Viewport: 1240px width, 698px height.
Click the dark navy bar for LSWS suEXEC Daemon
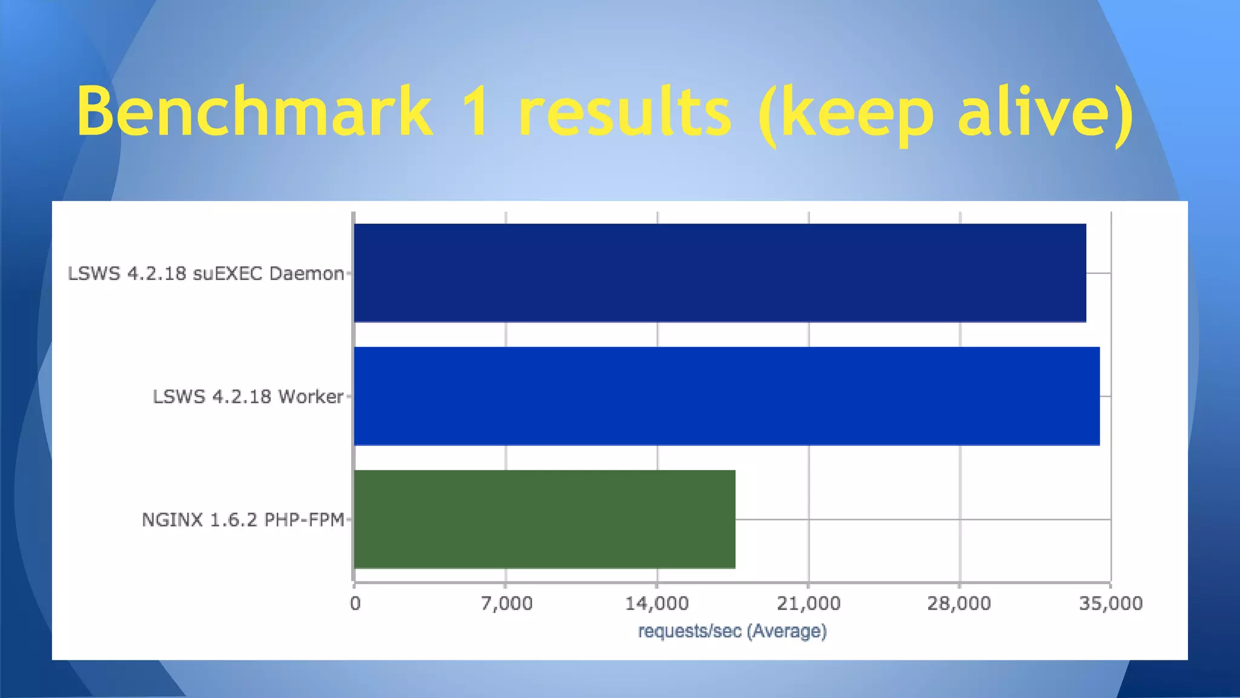[x=719, y=273]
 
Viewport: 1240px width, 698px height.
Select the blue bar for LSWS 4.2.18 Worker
[x=727, y=396]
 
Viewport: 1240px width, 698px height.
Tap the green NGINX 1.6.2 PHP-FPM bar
[x=544, y=519]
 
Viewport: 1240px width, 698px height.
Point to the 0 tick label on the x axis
[x=355, y=603]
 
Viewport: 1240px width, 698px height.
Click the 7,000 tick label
[x=507, y=603]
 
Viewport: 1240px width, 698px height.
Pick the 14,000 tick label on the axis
[x=657, y=603]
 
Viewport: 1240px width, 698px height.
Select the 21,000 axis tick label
[x=808, y=603]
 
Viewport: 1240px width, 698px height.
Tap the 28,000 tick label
[x=959, y=603]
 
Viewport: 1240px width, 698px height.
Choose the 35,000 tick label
[x=1110, y=603]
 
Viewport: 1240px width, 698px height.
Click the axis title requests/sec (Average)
[x=732, y=631]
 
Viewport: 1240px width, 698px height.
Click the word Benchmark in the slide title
[x=254, y=112]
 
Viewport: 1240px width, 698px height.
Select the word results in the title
[x=625, y=112]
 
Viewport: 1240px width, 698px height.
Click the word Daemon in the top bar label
[x=306, y=274]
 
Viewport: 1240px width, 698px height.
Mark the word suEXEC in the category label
[x=228, y=274]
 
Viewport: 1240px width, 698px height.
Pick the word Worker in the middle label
[x=311, y=397]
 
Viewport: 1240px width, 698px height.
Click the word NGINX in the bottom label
[x=172, y=520]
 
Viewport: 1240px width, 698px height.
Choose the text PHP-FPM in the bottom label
[x=305, y=520]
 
